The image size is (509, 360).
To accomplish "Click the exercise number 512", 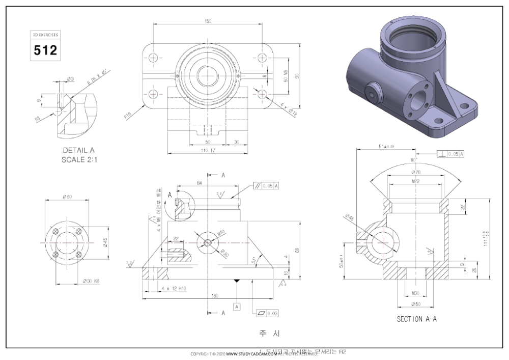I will [x=45, y=50].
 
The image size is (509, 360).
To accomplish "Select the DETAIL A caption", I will [x=78, y=150].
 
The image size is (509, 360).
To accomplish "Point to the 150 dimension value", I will [x=207, y=21].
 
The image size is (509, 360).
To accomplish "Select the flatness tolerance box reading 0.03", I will [x=269, y=313].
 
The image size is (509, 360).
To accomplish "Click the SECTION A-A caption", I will [x=416, y=319].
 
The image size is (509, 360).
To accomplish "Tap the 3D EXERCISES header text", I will [x=45, y=36].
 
